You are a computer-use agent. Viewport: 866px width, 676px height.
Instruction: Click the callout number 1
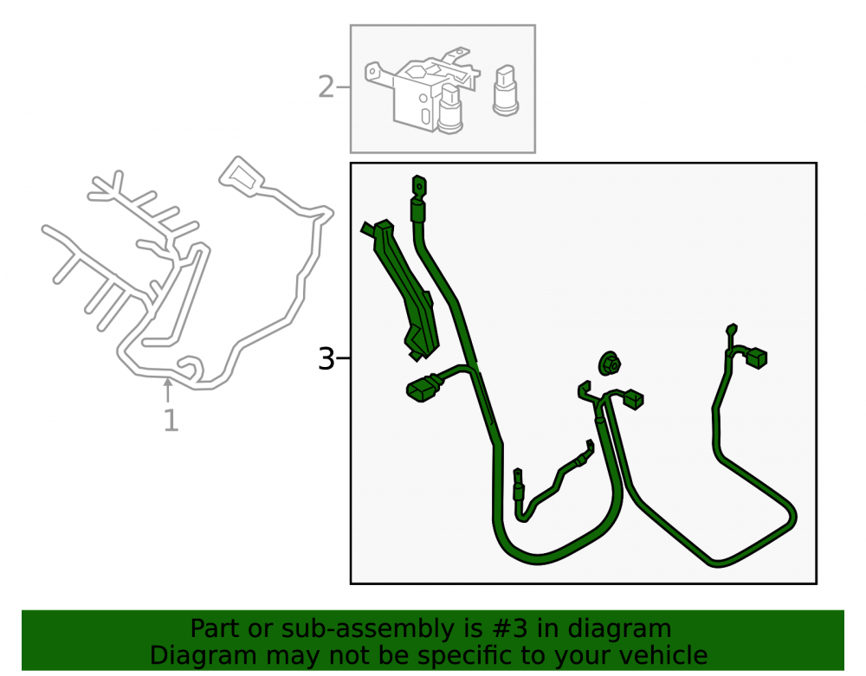pyautogui.click(x=171, y=421)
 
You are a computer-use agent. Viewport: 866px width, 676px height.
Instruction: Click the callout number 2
pyautogui.click(x=326, y=87)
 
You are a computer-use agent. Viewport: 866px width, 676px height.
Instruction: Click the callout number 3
pyautogui.click(x=326, y=358)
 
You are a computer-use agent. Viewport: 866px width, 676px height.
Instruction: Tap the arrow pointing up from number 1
pyautogui.click(x=168, y=390)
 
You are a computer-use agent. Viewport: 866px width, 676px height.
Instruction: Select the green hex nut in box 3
pyautogui.click(x=610, y=364)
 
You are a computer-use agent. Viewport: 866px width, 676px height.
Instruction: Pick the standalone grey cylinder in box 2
pyautogui.click(x=506, y=91)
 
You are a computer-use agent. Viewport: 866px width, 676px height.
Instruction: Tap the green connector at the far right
pyautogui.click(x=756, y=357)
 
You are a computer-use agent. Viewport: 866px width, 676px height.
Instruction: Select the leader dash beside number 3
pyautogui.click(x=343, y=358)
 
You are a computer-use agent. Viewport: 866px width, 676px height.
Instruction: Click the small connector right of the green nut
pyautogui.click(x=633, y=399)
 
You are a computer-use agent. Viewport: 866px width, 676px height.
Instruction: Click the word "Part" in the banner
pyautogui.click(x=215, y=628)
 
